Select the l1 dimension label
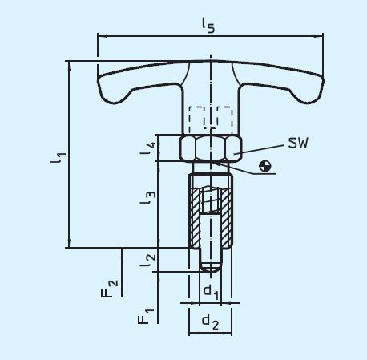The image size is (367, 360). [x=58, y=155]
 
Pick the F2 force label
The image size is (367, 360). [x=112, y=286]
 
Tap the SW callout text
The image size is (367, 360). [x=296, y=143]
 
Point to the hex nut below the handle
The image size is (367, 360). [x=211, y=148]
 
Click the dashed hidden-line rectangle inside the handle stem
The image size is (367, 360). [x=210, y=119]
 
